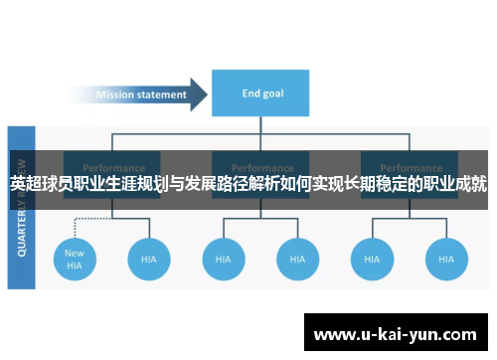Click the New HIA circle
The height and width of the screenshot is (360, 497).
pyautogui.click(x=75, y=259)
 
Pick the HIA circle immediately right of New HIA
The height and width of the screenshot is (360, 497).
pyautogui.click(x=148, y=259)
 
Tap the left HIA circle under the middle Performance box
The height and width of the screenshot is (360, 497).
pyautogui.click(x=223, y=259)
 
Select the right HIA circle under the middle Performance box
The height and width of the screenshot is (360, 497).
pyautogui.click(x=296, y=259)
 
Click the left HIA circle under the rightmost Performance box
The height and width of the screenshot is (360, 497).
pyautogui.click(x=371, y=259)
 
